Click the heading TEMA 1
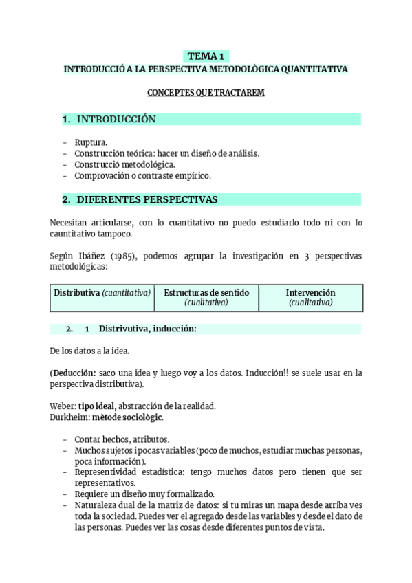pos(206,56)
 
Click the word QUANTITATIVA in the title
pos(313,69)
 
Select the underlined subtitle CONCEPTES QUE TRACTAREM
pos(206,92)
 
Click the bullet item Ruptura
pos(91,142)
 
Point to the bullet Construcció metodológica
pos(124,164)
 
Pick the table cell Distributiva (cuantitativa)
pos(102,293)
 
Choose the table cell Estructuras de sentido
pos(206,292)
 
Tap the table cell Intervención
pos(310,292)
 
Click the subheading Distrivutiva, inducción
pos(147,329)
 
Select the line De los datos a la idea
pos(89,351)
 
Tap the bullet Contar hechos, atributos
pos(122,439)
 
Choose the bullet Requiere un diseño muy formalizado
pos(144,494)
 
